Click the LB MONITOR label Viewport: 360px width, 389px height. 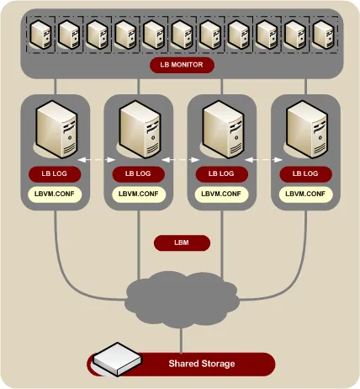(182, 64)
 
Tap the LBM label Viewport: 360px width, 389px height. (181, 242)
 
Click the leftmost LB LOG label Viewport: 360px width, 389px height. (55, 173)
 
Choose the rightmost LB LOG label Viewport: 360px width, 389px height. (304, 173)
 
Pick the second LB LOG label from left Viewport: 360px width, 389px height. (138, 173)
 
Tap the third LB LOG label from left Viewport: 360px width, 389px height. (221, 173)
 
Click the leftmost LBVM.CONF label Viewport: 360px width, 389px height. (55, 194)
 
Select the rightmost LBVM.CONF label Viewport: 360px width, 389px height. (304, 194)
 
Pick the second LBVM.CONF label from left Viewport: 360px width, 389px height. (138, 194)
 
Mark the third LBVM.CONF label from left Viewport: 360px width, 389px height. (221, 194)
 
